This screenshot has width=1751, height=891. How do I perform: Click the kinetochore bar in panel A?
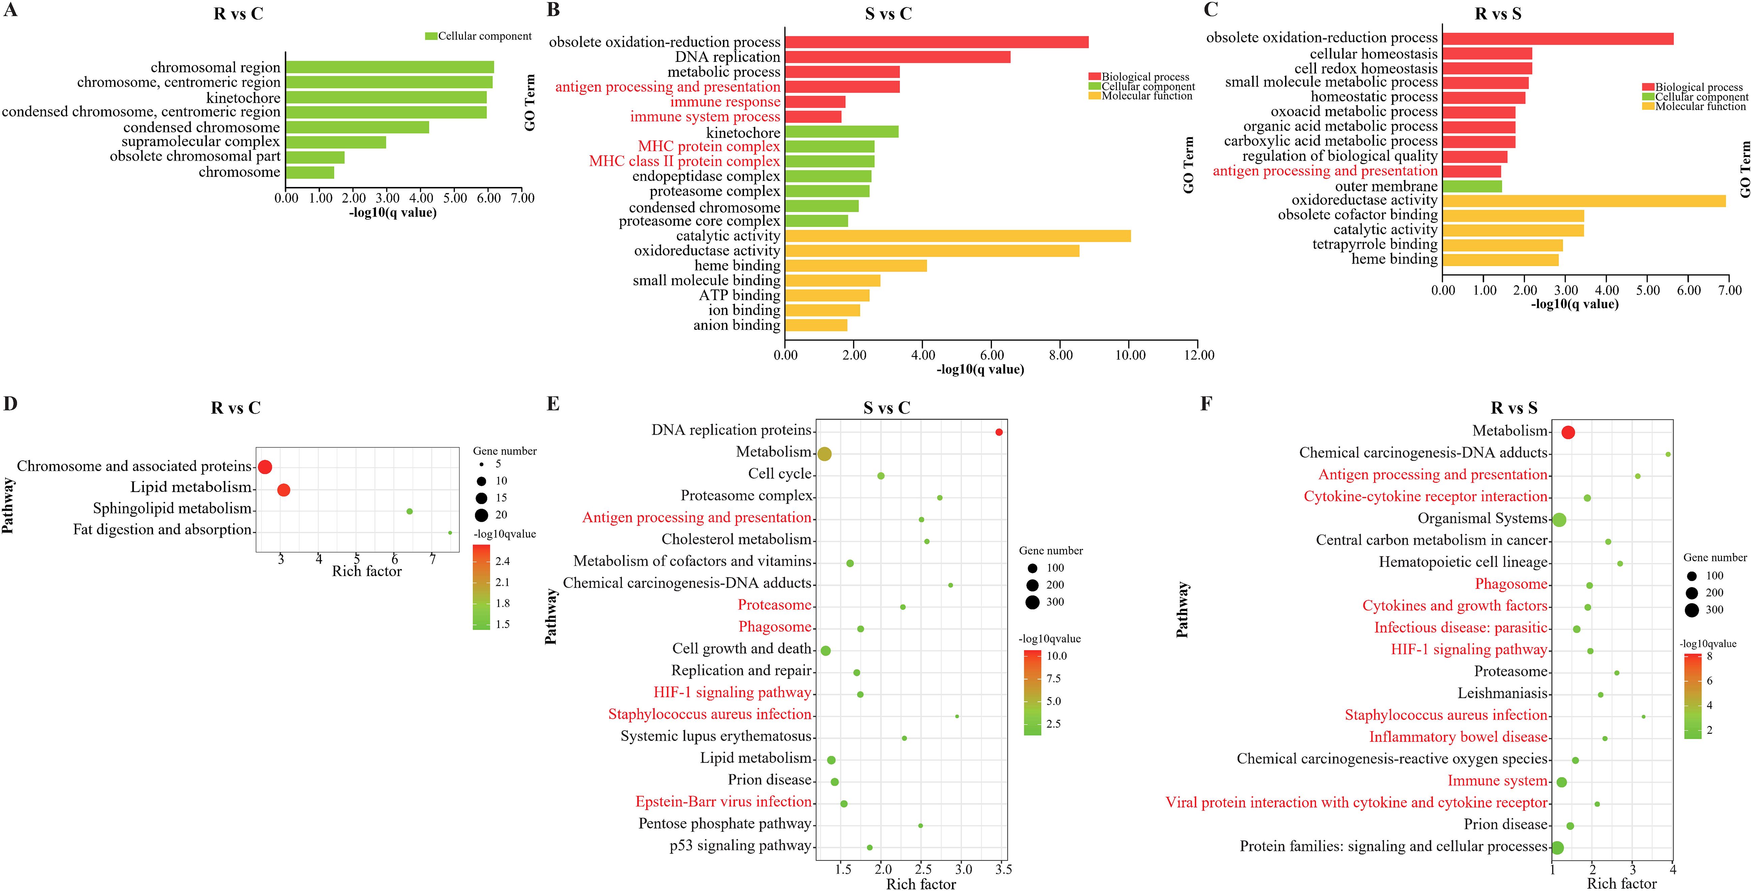(x=386, y=97)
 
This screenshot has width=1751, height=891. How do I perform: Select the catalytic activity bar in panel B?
(x=957, y=236)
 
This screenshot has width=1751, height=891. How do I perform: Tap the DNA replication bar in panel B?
(x=897, y=57)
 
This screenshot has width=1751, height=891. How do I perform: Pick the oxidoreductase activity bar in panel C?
(x=1584, y=200)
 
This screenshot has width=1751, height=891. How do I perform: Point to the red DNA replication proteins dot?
(x=999, y=432)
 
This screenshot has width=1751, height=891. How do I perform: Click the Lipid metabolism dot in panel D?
(x=284, y=490)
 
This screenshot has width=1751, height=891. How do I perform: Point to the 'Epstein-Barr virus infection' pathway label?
(x=723, y=802)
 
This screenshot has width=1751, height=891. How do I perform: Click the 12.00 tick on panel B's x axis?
(x=1198, y=355)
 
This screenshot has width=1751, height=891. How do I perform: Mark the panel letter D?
(x=10, y=404)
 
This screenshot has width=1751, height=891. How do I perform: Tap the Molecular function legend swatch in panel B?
(x=1094, y=96)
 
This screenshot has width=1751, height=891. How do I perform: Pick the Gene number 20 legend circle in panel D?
(x=481, y=514)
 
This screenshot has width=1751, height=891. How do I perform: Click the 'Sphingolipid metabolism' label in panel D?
(x=172, y=508)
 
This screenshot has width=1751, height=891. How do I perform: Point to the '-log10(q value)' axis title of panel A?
(x=393, y=213)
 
